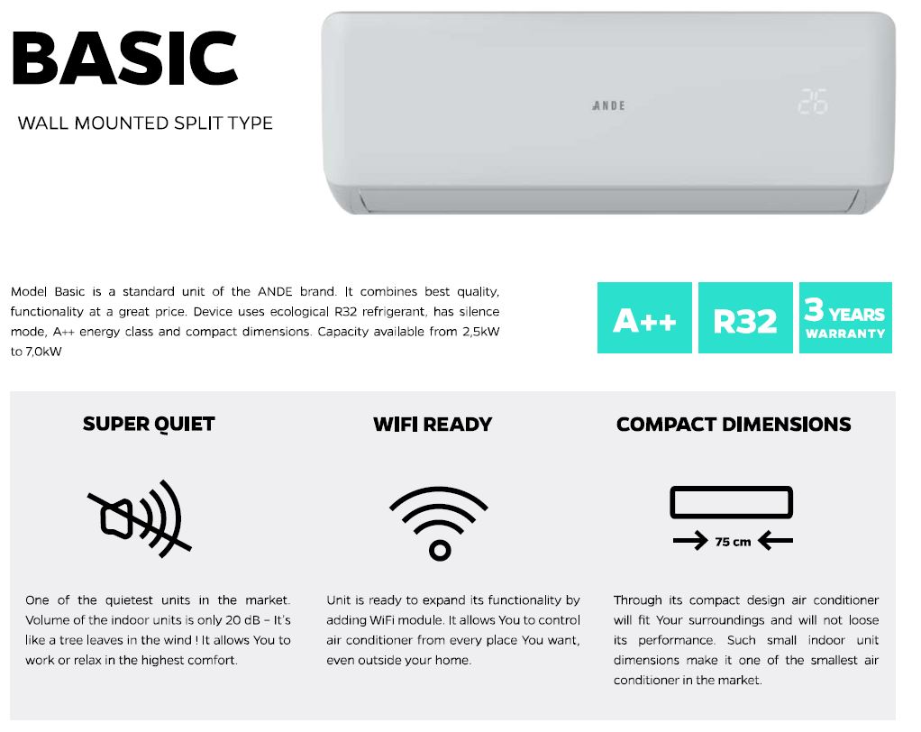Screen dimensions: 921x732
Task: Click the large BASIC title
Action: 124,59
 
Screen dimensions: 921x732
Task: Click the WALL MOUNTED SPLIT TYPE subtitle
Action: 145,124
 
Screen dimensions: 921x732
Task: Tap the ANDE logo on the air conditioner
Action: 608,105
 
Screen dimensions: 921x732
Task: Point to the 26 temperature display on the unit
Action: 812,102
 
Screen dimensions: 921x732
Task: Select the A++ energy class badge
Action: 644,318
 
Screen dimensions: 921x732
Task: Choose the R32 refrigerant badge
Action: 745,318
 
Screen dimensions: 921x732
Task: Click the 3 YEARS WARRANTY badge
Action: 846,318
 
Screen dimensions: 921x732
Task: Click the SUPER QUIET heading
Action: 149,425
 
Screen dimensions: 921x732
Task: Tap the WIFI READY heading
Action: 433,425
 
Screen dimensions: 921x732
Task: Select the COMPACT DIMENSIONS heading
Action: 734,425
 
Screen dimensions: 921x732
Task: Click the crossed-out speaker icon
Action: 140,518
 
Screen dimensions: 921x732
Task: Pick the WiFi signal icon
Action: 439,523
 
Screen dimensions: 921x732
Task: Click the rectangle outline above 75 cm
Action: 731,488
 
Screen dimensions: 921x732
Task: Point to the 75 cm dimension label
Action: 733,542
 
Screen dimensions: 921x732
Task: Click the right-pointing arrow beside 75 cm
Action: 690,541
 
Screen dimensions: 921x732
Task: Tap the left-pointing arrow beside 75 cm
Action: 775,541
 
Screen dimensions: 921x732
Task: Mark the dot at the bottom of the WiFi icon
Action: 440,551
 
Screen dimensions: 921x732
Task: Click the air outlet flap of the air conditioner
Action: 608,200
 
